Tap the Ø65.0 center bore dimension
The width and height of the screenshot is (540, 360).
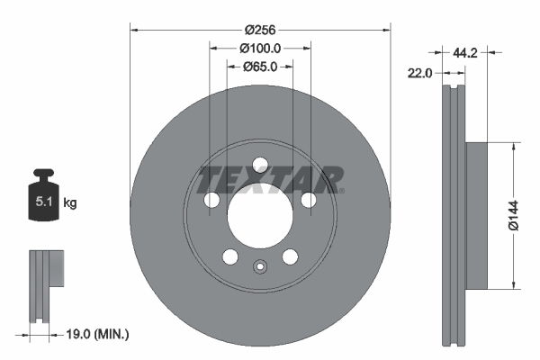click(x=261, y=67)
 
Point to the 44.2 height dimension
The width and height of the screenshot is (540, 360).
click(x=464, y=53)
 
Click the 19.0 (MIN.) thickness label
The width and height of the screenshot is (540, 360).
click(x=98, y=334)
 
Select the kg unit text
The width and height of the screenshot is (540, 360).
click(x=70, y=203)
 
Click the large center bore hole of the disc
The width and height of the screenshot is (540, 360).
click(x=261, y=216)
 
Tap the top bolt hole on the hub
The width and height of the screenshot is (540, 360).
click(x=261, y=165)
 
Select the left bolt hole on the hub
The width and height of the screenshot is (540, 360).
click(x=212, y=200)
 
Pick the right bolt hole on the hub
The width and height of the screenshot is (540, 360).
click(x=310, y=200)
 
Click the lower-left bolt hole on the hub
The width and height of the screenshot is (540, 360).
click(x=231, y=256)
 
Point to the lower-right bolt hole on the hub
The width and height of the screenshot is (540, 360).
click(x=291, y=256)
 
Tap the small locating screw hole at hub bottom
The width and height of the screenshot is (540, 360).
click(x=261, y=266)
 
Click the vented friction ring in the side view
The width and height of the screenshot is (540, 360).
click(x=454, y=216)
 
